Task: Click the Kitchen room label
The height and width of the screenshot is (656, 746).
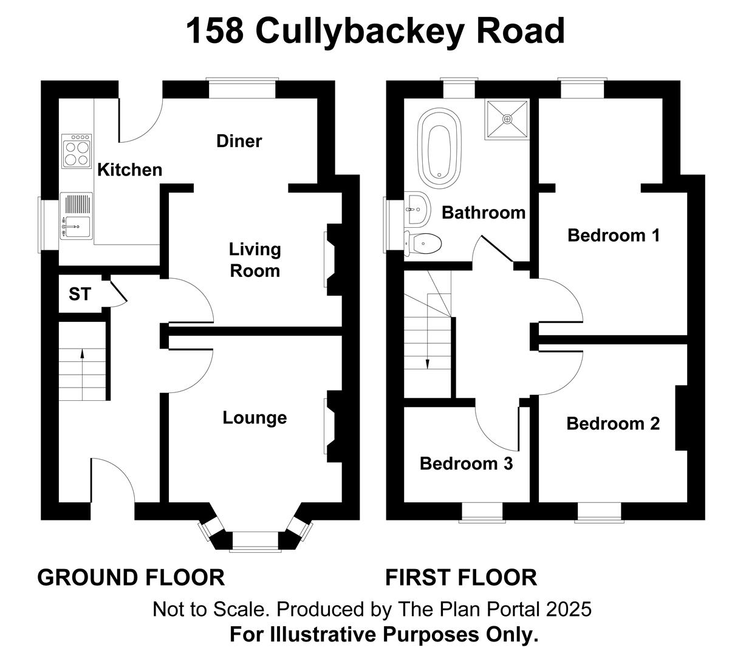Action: tap(129, 170)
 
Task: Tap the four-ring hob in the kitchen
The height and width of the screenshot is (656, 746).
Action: tap(77, 151)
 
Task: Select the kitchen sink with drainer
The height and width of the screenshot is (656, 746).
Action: tap(76, 216)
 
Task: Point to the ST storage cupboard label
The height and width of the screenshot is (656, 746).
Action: tap(80, 294)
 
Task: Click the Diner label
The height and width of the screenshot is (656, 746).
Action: tap(239, 141)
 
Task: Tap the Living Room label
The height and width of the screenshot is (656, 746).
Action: tap(255, 260)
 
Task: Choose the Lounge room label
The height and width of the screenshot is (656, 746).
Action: tap(255, 417)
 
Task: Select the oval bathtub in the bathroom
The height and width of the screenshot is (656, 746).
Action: tap(439, 148)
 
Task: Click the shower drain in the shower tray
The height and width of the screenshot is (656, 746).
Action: tap(507, 119)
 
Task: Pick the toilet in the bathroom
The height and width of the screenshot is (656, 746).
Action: tap(423, 244)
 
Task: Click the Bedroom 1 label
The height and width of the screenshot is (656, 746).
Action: tap(614, 235)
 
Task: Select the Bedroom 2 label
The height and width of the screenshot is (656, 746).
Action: tap(613, 423)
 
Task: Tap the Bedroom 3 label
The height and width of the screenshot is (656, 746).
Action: tap(466, 463)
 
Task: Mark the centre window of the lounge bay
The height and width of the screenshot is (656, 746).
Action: tap(255, 541)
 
